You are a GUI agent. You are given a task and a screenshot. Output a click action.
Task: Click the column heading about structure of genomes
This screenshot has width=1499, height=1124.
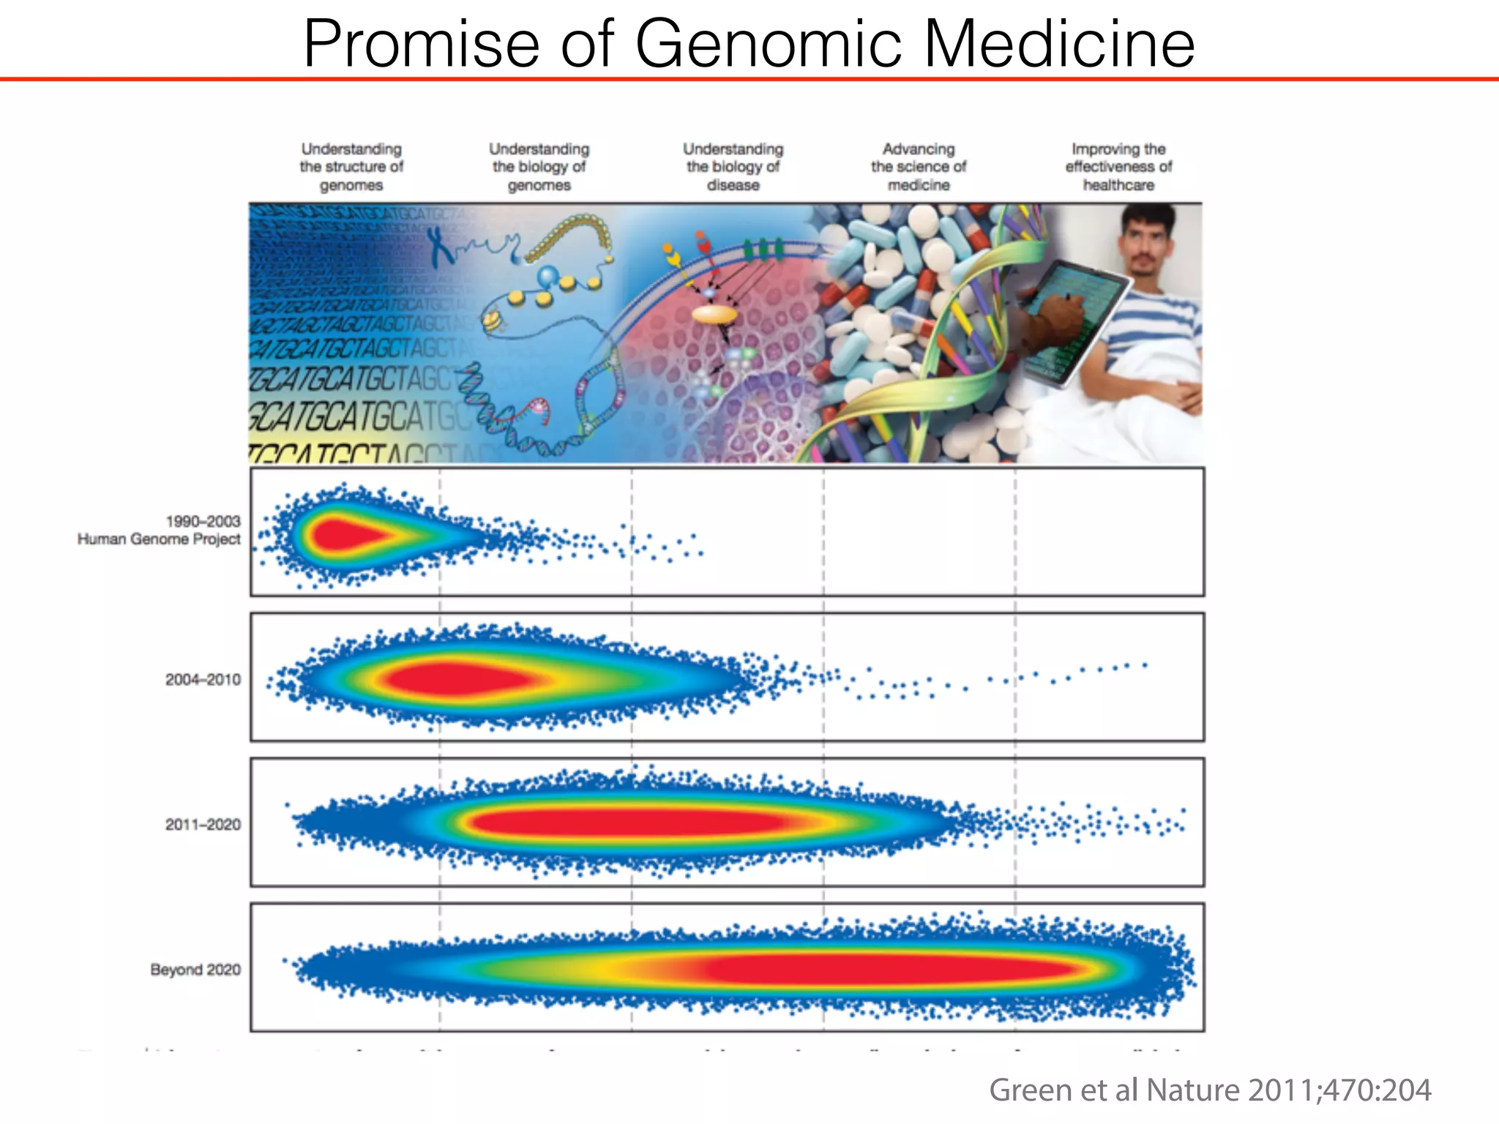351,167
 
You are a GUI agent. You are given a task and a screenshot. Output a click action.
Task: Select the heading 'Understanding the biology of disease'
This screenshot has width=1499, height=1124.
733,167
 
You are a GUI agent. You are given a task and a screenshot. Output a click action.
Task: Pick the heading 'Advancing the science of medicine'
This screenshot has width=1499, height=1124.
919,167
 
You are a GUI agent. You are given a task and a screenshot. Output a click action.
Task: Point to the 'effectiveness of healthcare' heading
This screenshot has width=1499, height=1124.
1118,167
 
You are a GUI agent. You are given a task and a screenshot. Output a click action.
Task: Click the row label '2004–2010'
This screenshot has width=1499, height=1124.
203,680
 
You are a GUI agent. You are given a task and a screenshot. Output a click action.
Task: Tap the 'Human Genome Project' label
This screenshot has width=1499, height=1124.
159,539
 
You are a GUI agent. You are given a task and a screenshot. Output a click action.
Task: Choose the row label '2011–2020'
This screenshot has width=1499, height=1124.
203,825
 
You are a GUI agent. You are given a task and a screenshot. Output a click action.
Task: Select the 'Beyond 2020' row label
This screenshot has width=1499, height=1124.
195,970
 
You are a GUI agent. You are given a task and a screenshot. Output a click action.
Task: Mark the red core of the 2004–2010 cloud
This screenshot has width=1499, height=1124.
454,678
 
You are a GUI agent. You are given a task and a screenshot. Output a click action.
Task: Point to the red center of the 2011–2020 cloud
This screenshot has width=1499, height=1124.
629,823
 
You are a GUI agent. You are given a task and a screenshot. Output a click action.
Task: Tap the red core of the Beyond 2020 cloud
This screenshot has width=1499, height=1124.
878,969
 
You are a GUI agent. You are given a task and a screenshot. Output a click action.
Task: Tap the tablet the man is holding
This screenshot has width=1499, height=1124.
1072,322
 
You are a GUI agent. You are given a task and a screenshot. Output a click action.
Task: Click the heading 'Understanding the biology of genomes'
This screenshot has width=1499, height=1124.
539,167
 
